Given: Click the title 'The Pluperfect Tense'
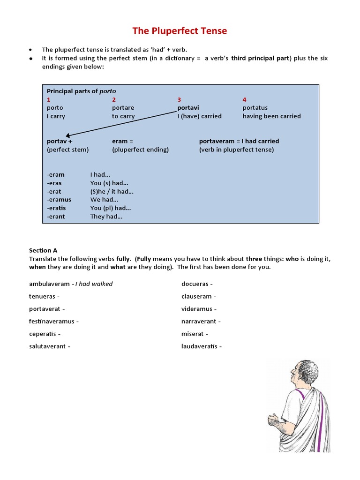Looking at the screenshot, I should coord(180,31).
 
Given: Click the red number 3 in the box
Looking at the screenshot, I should coord(179,99).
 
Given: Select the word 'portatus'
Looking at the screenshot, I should coord(255,108).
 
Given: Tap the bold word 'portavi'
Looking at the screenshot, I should coord(188,108).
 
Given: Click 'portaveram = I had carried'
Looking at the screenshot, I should coord(239,141).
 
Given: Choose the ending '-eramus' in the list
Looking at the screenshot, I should coord(59,200).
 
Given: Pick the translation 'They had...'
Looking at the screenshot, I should coord(106,217).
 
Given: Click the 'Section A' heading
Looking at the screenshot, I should coord(43,250).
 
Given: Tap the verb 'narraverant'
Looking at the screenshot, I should coord(199,322).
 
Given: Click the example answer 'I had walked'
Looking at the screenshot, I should coord(95,284).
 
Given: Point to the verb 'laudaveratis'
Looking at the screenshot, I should coord(199,346).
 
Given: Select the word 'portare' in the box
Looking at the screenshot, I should coord(123,108).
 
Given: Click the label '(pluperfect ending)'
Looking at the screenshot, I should coord(140,150).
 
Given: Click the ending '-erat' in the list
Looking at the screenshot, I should coord(54,191).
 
